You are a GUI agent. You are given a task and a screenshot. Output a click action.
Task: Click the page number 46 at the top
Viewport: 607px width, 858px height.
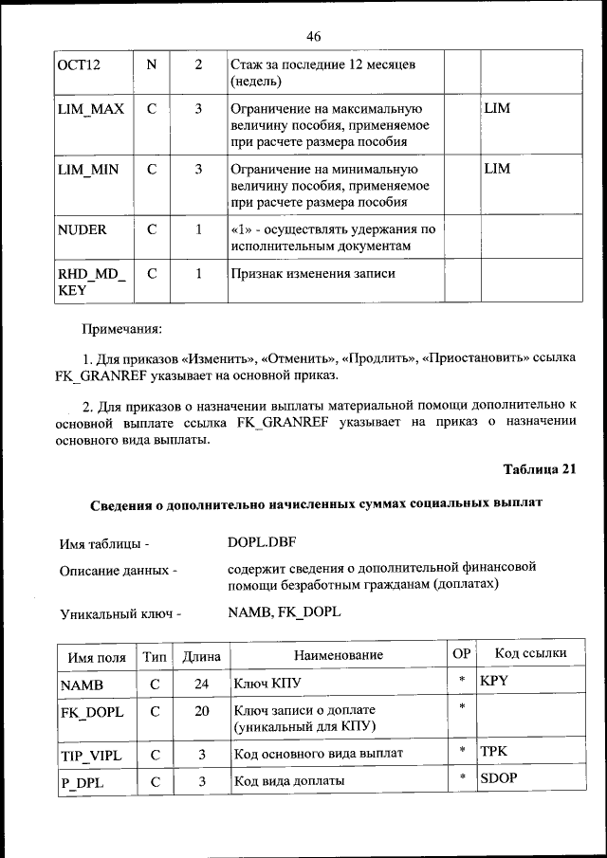tap(314, 37)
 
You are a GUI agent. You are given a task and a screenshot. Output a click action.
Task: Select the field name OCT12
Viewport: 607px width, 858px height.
tap(79, 65)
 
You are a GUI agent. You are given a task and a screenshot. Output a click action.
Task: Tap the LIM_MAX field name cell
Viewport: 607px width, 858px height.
tap(91, 109)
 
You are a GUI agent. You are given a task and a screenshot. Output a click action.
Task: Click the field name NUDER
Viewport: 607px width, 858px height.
tap(83, 229)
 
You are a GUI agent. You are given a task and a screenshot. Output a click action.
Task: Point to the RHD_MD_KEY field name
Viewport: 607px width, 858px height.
tap(91, 283)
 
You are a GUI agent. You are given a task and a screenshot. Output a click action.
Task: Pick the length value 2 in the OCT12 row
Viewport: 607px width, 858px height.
tap(198, 65)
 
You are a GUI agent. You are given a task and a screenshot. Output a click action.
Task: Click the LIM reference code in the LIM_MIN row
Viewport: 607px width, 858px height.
tap(497, 169)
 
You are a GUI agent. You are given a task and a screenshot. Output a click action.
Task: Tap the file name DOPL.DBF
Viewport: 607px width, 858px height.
tap(262, 544)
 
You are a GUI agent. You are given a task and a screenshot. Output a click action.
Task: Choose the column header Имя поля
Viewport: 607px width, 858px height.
tap(97, 655)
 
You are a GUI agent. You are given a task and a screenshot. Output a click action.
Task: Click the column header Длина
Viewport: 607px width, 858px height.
tap(201, 655)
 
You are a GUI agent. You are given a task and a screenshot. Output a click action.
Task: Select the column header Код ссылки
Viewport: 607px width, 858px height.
tap(531, 653)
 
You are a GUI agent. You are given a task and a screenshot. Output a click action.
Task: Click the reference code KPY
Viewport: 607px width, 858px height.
tap(495, 681)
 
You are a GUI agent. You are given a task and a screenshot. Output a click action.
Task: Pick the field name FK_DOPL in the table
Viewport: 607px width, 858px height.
tap(91, 712)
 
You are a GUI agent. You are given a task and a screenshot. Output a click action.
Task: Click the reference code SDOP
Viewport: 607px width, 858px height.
tap(499, 778)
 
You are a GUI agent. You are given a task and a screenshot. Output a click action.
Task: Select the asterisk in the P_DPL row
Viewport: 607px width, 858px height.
tap(461, 778)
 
